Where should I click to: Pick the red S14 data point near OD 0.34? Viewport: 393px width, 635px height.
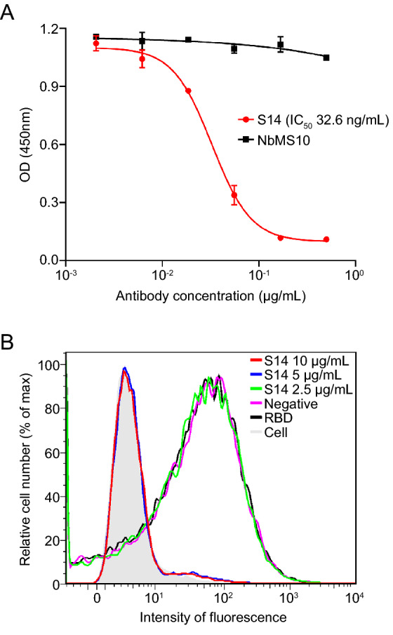click(234, 195)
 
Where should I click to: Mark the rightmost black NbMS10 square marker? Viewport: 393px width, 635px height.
click(326, 58)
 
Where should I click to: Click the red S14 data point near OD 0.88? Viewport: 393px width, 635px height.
click(188, 91)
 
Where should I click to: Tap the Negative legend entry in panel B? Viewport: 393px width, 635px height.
click(309, 404)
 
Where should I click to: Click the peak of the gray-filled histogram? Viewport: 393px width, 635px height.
click(124, 370)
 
